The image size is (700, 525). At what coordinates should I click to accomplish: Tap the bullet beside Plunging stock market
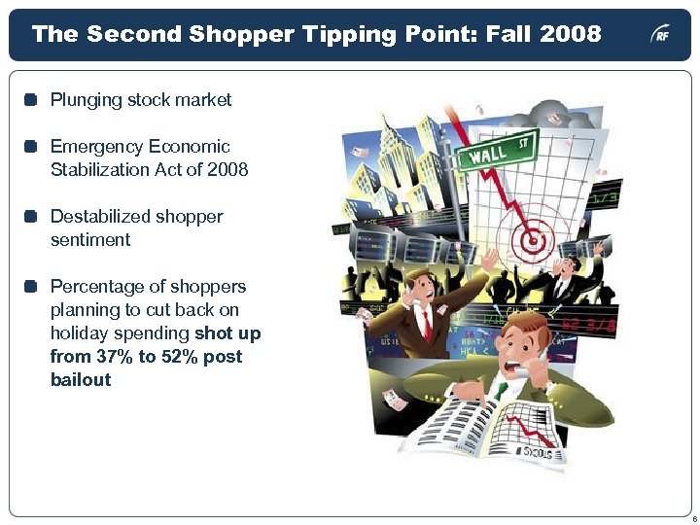click(31, 100)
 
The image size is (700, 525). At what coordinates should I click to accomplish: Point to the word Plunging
click(86, 100)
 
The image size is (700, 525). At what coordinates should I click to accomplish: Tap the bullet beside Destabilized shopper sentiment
click(31, 217)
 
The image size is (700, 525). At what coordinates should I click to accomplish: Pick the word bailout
click(81, 380)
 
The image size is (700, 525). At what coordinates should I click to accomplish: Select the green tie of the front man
click(502, 390)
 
